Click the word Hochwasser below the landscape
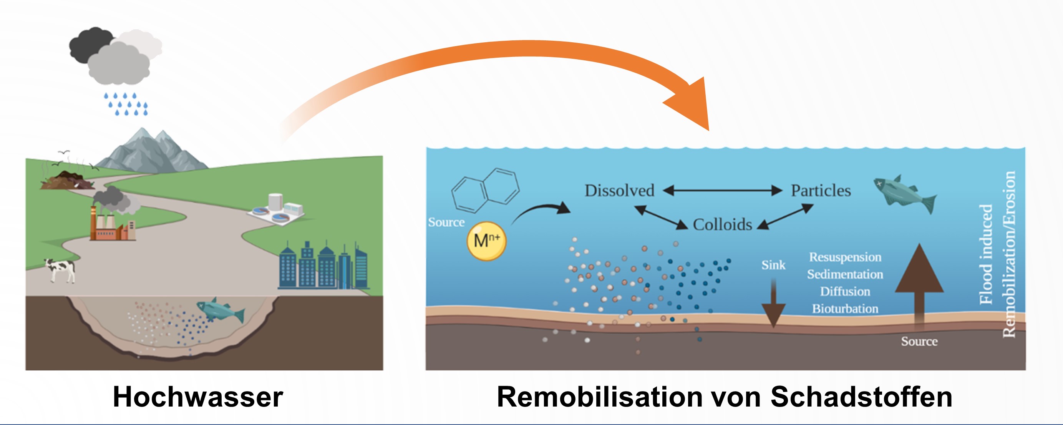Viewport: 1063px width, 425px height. point(198,397)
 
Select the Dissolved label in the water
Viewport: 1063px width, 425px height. point(619,191)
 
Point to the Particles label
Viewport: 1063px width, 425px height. point(821,191)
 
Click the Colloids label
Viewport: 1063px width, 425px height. point(722,225)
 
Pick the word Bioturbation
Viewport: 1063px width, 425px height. point(845,309)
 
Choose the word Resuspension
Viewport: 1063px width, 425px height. point(845,257)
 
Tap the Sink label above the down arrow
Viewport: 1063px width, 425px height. point(773,265)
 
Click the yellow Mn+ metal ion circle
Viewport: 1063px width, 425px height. point(486,241)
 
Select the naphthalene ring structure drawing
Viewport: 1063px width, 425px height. point(485,190)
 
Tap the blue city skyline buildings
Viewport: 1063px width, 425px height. point(322,266)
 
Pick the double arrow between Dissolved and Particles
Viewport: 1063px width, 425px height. point(722,191)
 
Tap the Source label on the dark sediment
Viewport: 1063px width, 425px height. point(919,342)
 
